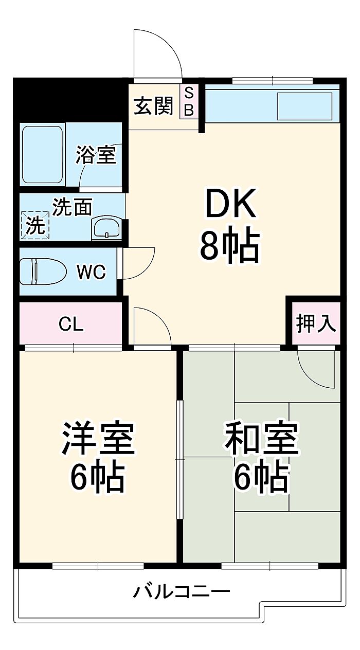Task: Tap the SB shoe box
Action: tap(189, 102)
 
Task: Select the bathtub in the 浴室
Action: tap(42, 154)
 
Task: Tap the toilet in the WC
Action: tap(42, 270)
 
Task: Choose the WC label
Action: tap(91, 272)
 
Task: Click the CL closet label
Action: tap(71, 324)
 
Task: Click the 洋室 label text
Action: tap(98, 439)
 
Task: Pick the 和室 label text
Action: tap(261, 439)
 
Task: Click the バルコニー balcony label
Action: tap(181, 592)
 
